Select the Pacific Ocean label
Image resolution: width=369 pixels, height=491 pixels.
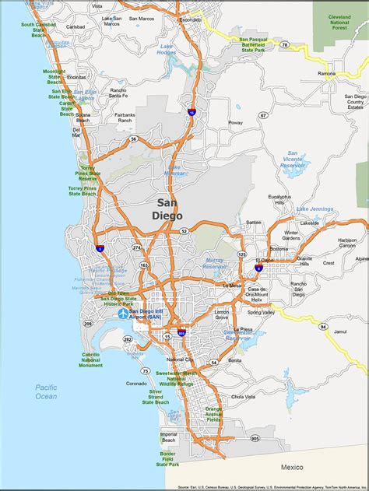45,391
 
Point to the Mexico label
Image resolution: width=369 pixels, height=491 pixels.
292,467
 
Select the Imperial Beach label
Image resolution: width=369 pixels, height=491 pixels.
169,437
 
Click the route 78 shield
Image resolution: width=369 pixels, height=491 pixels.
285,45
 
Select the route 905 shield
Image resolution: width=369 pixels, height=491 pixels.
255,438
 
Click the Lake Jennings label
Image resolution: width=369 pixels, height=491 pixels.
314,209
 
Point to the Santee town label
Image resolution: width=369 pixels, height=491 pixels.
253,222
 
